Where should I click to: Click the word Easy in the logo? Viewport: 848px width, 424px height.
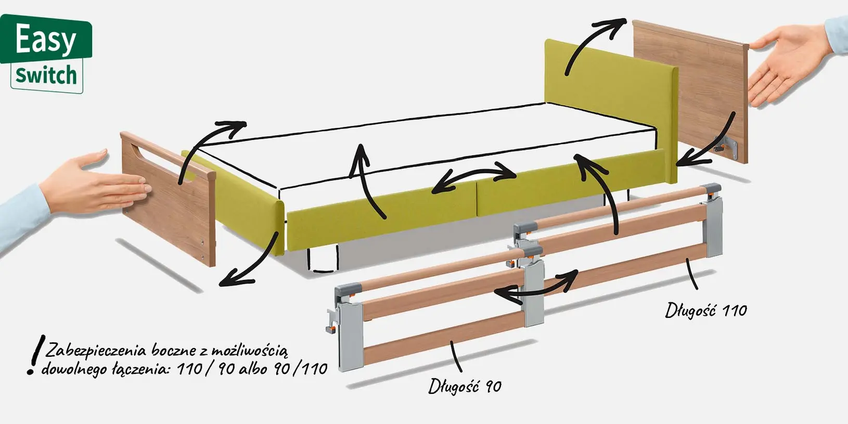point(45,38)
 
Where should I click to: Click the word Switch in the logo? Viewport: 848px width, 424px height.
point(46,76)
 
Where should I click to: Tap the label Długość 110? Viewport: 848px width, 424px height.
point(706,311)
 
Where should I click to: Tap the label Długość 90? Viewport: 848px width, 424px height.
point(465,386)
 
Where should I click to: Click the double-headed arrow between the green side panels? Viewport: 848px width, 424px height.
point(473,177)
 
